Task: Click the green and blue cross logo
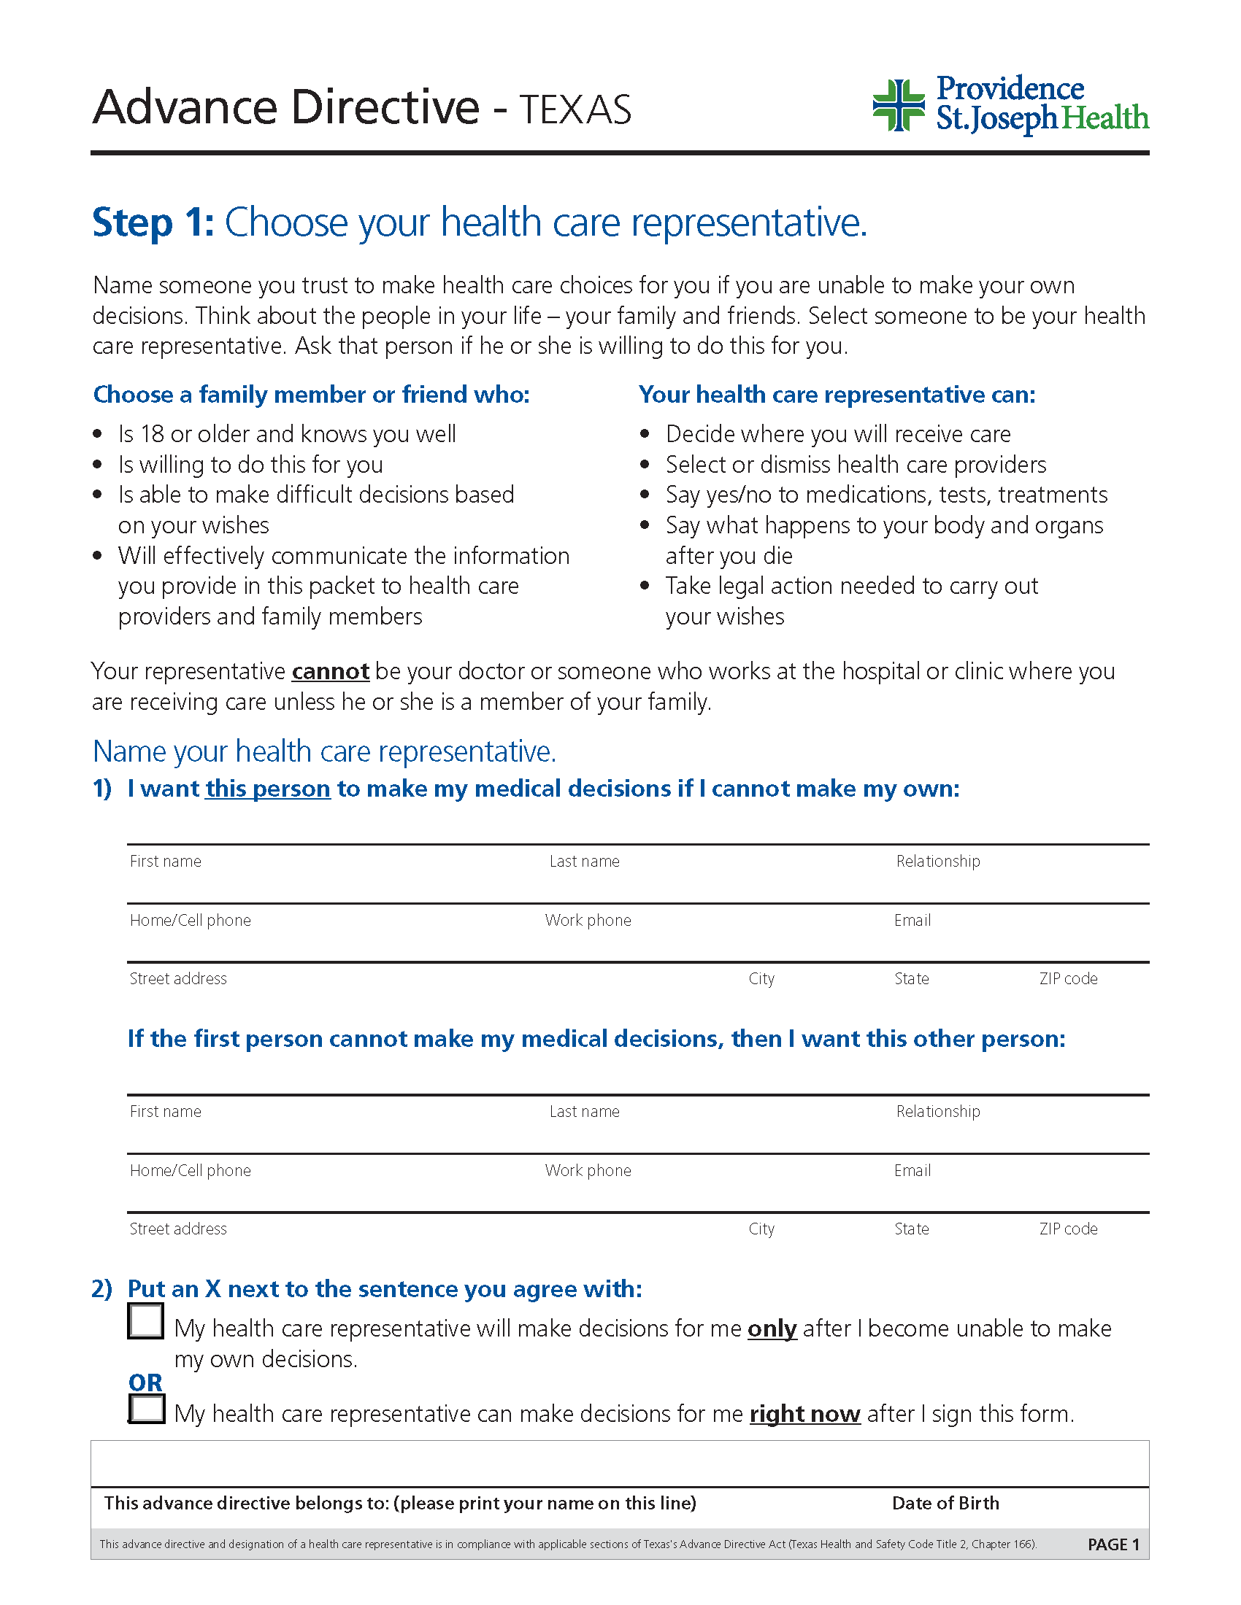point(898,106)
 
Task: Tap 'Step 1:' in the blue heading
point(153,223)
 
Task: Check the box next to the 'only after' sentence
point(145,1320)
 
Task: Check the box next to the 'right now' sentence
point(146,1409)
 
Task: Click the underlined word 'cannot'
point(330,672)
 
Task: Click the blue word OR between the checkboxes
point(145,1382)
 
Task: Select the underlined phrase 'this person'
point(268,789)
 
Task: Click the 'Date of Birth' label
point(945,1503)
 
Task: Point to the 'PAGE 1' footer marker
point(1113,1544)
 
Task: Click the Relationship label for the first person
point(937,862)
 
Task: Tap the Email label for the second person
point(912,1171)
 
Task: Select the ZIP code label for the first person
point(1067,979)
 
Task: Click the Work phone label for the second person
point(588,1171)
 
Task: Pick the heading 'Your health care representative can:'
point(837,395)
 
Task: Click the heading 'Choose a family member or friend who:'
point(311,395)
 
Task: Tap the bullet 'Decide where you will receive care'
point(837,434)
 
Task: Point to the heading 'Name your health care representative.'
point(324,751)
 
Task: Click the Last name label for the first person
point(584,862)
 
